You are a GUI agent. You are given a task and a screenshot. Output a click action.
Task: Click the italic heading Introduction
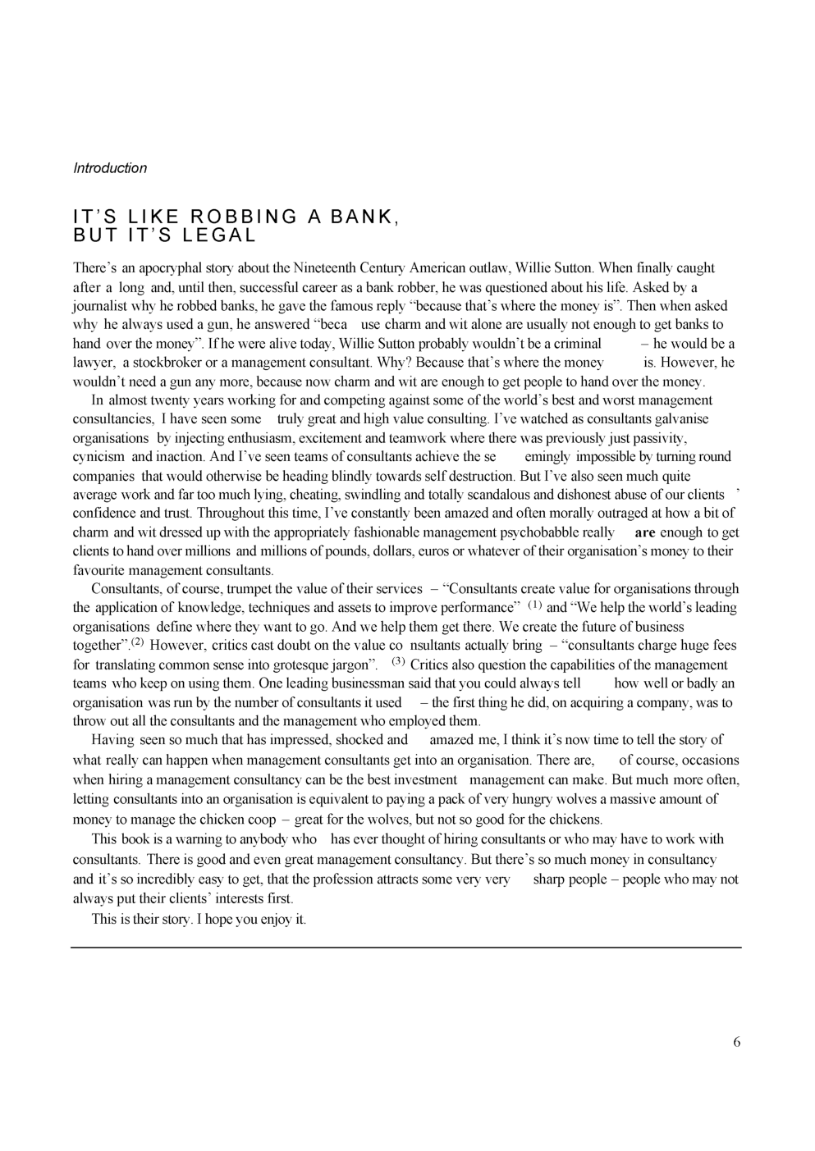tap(110, 168)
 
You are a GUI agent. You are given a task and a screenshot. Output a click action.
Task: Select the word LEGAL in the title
tap(219, 236)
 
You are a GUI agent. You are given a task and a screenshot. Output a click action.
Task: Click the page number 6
tap(736, 1042)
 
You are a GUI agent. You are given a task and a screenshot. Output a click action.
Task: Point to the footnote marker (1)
tap(534, 605)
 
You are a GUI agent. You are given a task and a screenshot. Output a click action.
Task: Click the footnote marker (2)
tap(137, 642)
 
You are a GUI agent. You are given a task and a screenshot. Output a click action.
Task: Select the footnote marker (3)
tap(398, 661)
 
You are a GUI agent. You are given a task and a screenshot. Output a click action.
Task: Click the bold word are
tap(645, 532)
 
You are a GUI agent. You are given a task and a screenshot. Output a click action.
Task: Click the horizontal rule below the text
tap(406, 948)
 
